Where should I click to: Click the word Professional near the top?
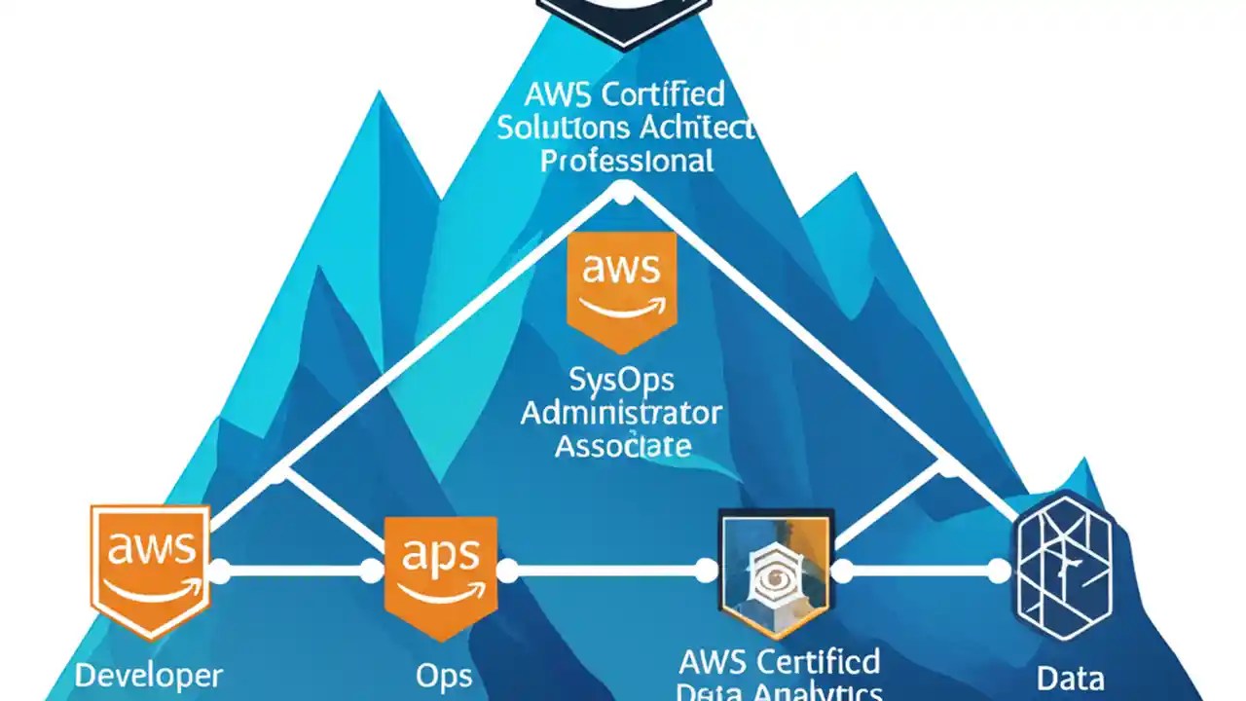(627, 160)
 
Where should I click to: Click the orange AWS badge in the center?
(622, 289)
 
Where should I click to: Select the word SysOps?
(621, 379)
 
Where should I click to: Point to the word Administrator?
(621, 413)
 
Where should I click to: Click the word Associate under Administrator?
(623, 446)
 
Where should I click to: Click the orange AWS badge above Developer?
(150, 569)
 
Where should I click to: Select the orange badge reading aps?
(441, 574)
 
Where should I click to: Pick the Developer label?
(149, 676)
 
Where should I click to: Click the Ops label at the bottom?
(444, 676)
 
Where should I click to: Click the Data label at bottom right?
(1070, 678)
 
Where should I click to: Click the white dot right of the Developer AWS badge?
(220, 572)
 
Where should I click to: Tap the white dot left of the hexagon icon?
(1000, 572)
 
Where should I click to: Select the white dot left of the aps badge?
(372, 572)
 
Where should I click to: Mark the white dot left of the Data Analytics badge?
(707, 572)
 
